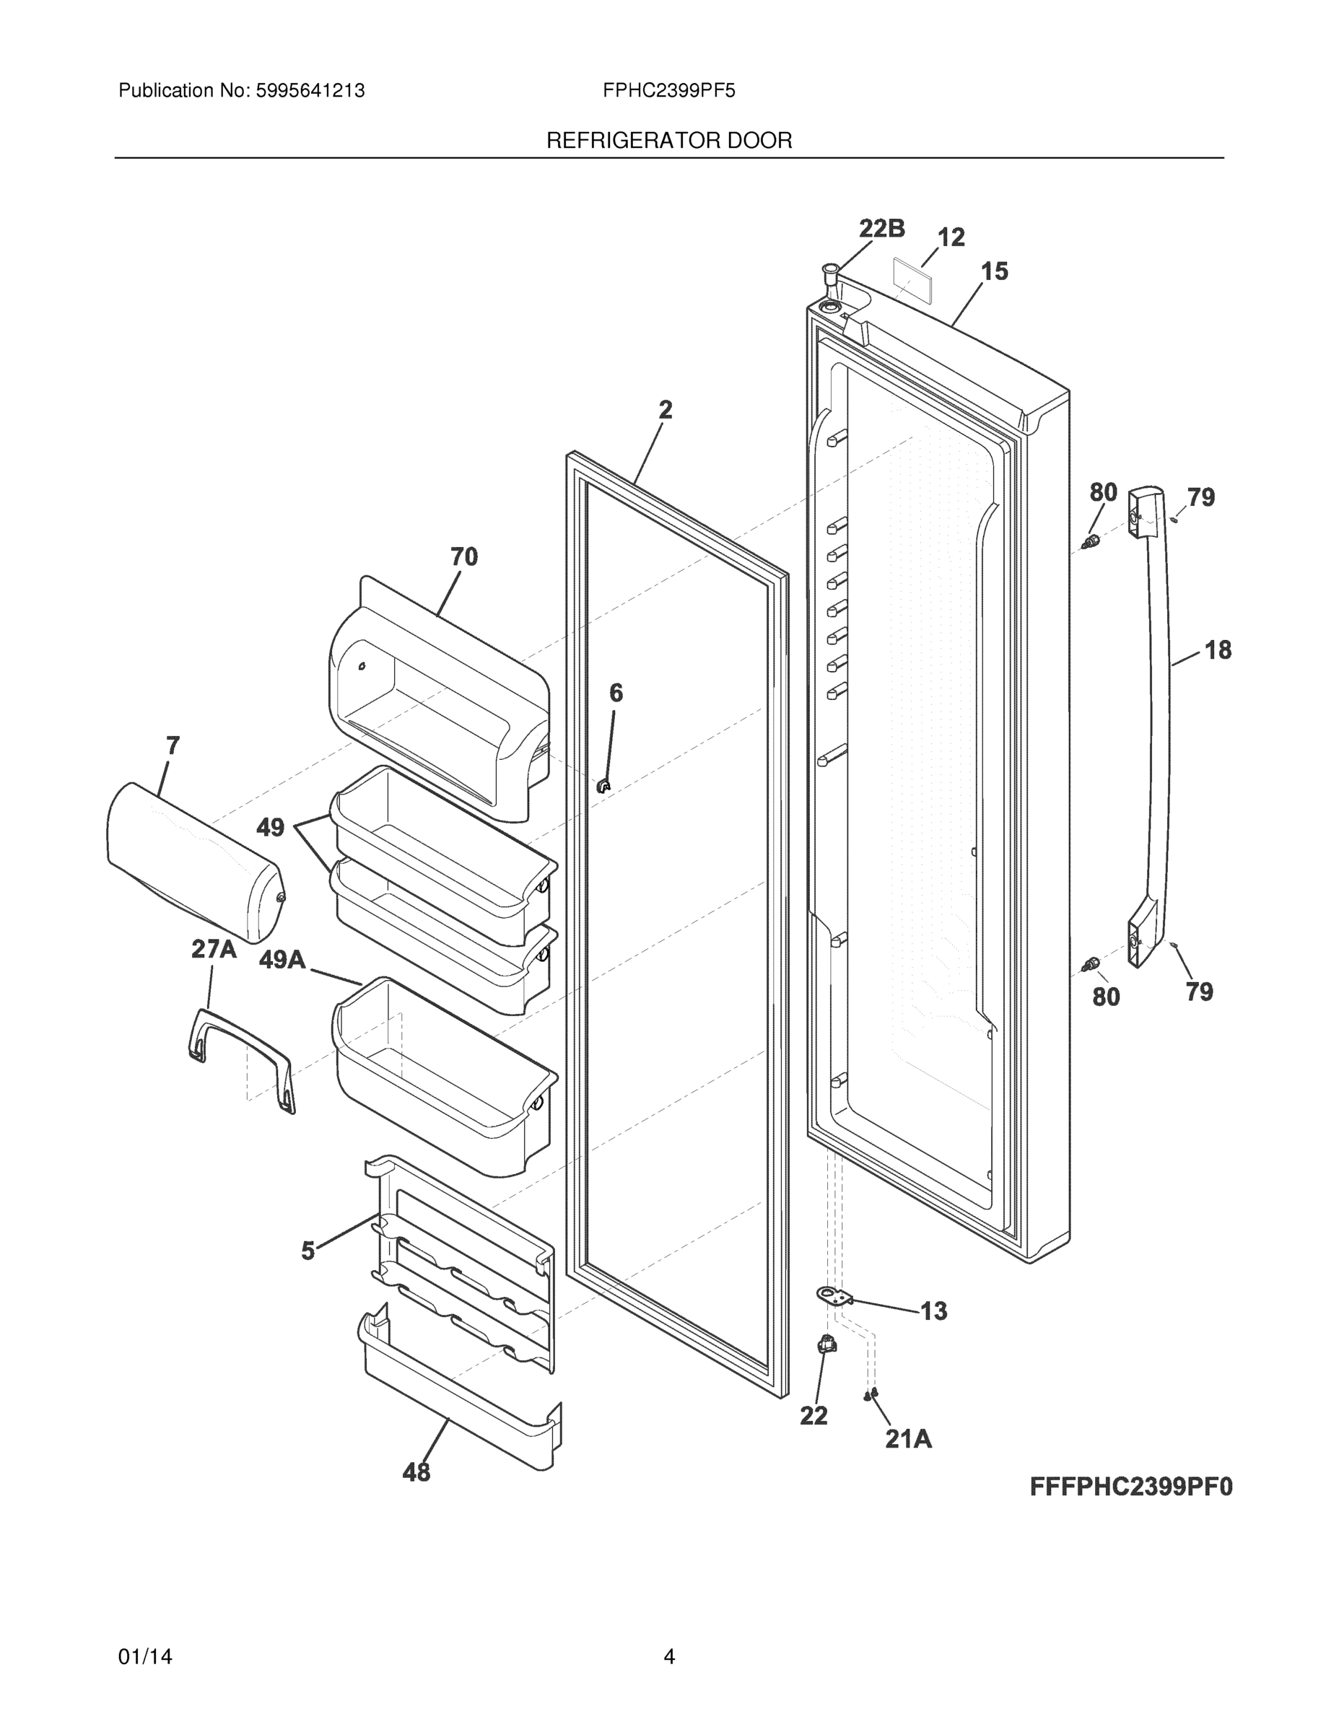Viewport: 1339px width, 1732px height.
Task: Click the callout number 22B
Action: pyautogui.click(x=882, y=229)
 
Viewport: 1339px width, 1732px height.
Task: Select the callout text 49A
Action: pyautogui.click(x=282, y=960)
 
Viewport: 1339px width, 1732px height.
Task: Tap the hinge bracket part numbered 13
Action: pyautogui.click(x=834, y=1296)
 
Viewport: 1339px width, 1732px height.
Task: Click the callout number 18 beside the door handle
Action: pyautogui.click(x=1218, y=650)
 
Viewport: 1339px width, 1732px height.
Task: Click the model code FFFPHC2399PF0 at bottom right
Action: pyautogui.click(x=1131, y=1486)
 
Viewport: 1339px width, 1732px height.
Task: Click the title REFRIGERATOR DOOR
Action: pyautogui.click(x=668, y=141)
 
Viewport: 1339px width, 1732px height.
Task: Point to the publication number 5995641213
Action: pyautogui.click(x=310, y=90)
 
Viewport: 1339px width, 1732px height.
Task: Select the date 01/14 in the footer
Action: pyautogui.click(x=145, y=1657)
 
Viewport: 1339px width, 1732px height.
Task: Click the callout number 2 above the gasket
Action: pyautogui.click(x=666, y=409)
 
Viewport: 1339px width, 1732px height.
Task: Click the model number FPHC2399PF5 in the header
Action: pyautogui.click(x=668, y=90)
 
